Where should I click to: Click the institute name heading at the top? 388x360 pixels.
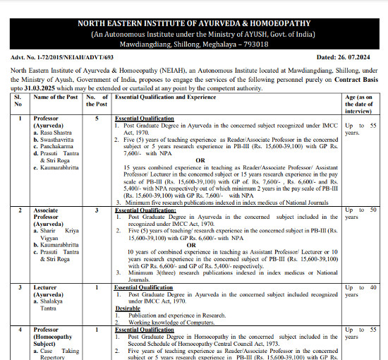[194, 23]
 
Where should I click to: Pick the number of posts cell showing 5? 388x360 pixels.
[97, 118]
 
